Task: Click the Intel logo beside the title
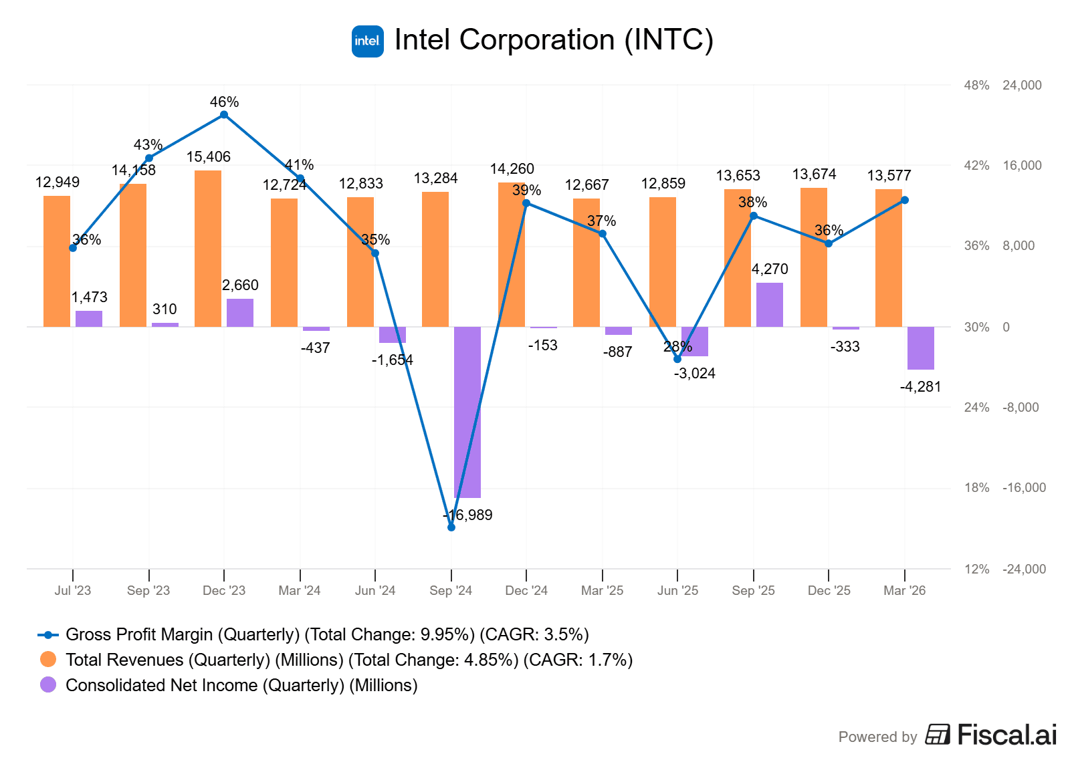click(x=367, y=41)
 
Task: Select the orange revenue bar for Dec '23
click(x=208, y=249)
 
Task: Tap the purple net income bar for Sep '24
click(x=467, y=412)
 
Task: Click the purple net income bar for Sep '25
click(x=769, y=305)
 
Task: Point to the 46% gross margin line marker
click(x=224, y=115)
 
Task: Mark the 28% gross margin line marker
click(x=677, y=359)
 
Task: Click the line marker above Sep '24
click(x=451, y=527)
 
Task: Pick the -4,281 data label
click(x=920, y=387)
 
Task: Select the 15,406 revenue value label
click(x=208, y=157)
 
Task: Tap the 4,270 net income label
click(x=770, y=269)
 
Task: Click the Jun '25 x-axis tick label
click(x=677, y=591)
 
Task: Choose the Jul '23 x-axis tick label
click(x=73, y=591)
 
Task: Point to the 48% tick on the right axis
click(x=976, y=86)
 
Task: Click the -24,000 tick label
click(x=1024, y=570)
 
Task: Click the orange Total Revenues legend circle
click(x=48, y=660)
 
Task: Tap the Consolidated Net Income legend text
click(x=241, y=685)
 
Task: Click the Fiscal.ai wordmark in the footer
click(x=1006, y=735)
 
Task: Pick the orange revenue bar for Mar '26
click(x=889, y=258)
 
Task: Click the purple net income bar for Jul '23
click(x=89, y=319)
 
